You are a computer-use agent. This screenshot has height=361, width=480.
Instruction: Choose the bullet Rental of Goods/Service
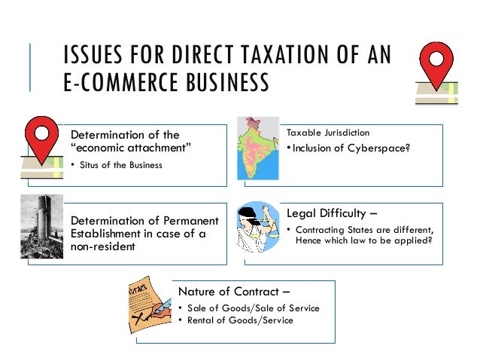[x=239, y=320]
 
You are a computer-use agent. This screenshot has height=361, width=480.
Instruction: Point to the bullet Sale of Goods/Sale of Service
[x=252, y=308]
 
